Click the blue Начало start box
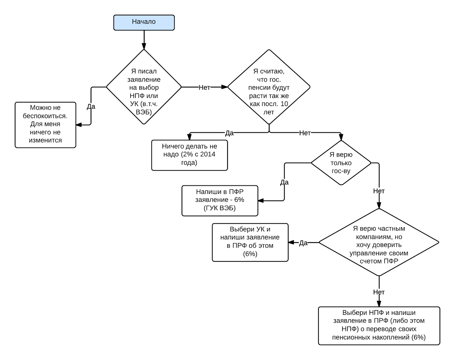point(144,23)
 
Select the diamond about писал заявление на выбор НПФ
point(144,87)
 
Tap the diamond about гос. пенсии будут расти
point(269,87)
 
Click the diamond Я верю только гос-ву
point(341,163)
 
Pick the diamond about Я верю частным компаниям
point(379,242)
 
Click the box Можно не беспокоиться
point(45,125)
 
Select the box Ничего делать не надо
point(190,155)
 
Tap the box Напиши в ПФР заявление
point(220,200)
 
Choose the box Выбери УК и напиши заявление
point(250,243)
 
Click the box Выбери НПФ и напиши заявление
point(379,326)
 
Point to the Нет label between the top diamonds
point(204,88)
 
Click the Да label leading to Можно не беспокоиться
point(91,107)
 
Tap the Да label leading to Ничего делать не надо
point(229,133)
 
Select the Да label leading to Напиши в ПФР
point(284,182)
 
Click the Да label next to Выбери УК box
point(303,243)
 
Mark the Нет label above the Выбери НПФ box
point(379,292)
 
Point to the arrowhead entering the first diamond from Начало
point(144,47)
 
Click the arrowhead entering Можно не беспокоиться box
point(79,125)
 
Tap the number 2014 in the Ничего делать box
point(208,154)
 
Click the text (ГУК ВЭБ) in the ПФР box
point(220,208)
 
